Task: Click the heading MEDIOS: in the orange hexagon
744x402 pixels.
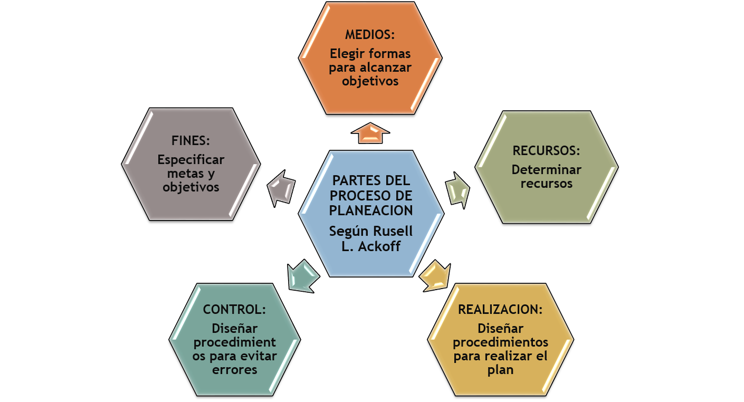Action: point(370,35)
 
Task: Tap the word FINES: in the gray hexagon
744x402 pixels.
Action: point(190,141)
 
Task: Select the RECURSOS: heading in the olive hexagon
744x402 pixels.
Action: point(546,150)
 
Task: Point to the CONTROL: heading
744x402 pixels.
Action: point(234,309)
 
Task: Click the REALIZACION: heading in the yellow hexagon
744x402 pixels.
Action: point(500,309)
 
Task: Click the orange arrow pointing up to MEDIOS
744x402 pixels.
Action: point(370,132)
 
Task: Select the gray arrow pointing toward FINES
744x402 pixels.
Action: point(281,187)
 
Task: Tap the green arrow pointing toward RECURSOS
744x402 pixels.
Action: point(458,189)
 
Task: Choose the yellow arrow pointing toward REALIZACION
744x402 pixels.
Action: point(436,275)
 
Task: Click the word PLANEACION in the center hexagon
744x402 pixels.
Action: point(371,210)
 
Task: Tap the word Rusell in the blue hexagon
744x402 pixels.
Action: point(393,231)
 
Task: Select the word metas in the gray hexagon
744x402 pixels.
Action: point(178,174)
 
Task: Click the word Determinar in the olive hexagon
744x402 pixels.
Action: point(546,170)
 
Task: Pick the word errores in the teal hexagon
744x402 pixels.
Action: point(234,369)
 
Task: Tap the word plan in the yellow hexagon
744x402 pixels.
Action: point(500,369)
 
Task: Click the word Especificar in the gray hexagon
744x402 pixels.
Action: point(190,159)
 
